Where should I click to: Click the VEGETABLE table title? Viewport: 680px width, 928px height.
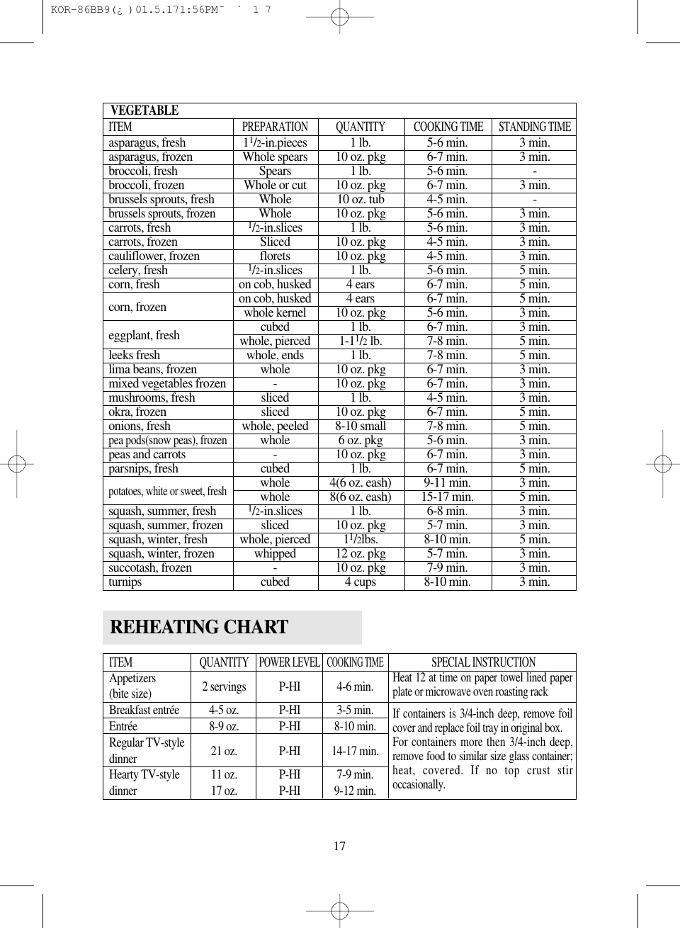coord(144,111)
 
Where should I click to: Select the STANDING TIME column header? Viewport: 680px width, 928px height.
coord(534,127)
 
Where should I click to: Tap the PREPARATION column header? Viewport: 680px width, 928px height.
coord(275,127)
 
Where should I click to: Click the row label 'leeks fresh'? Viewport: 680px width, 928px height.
coord(135,355)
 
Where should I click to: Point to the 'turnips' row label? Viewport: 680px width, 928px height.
coord(125,582)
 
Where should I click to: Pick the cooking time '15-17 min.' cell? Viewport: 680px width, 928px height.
coord(447,497)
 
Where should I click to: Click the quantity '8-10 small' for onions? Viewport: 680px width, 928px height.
coord(361,426)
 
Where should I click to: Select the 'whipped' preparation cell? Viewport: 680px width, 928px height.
coord(275,553)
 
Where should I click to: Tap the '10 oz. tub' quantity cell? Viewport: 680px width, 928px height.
coord(361,199)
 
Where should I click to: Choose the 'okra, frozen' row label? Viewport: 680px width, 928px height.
coord(137,412)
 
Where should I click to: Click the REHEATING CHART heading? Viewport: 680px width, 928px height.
coord(199,628)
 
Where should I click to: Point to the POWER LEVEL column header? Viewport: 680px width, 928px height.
coord(289,662)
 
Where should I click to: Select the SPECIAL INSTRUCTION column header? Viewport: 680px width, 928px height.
coord(483,662)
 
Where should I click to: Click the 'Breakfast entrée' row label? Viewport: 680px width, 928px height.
coord(144,710)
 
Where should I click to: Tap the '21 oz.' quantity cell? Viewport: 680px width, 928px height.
coord(224,751)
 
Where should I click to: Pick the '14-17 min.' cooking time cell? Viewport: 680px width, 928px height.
coord(355,751)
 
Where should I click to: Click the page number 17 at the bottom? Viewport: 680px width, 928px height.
coord(340,846)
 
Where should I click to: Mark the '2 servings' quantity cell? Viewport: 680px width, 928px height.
coord(224,686)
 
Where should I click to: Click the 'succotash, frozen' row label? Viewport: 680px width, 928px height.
coord(150,567)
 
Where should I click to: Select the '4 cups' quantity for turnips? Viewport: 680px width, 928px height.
coord(361,582)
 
